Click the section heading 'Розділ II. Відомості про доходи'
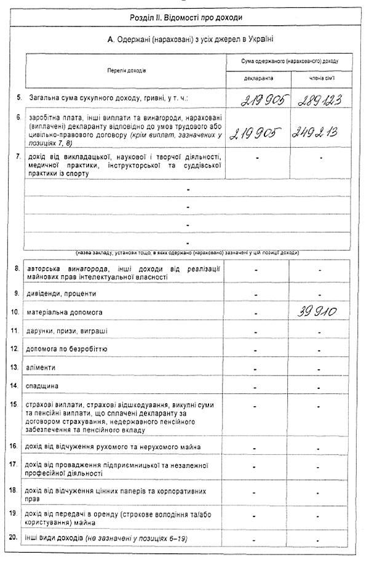pos(186,17)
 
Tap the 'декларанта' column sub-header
pos(257,79)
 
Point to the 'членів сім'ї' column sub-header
pos(320,79)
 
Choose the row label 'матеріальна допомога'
pos(65,313)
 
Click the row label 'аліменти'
pos(41,367)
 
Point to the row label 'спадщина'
pos(42,386)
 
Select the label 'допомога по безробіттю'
pos(67,349)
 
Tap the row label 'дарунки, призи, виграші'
pos(68,331)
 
